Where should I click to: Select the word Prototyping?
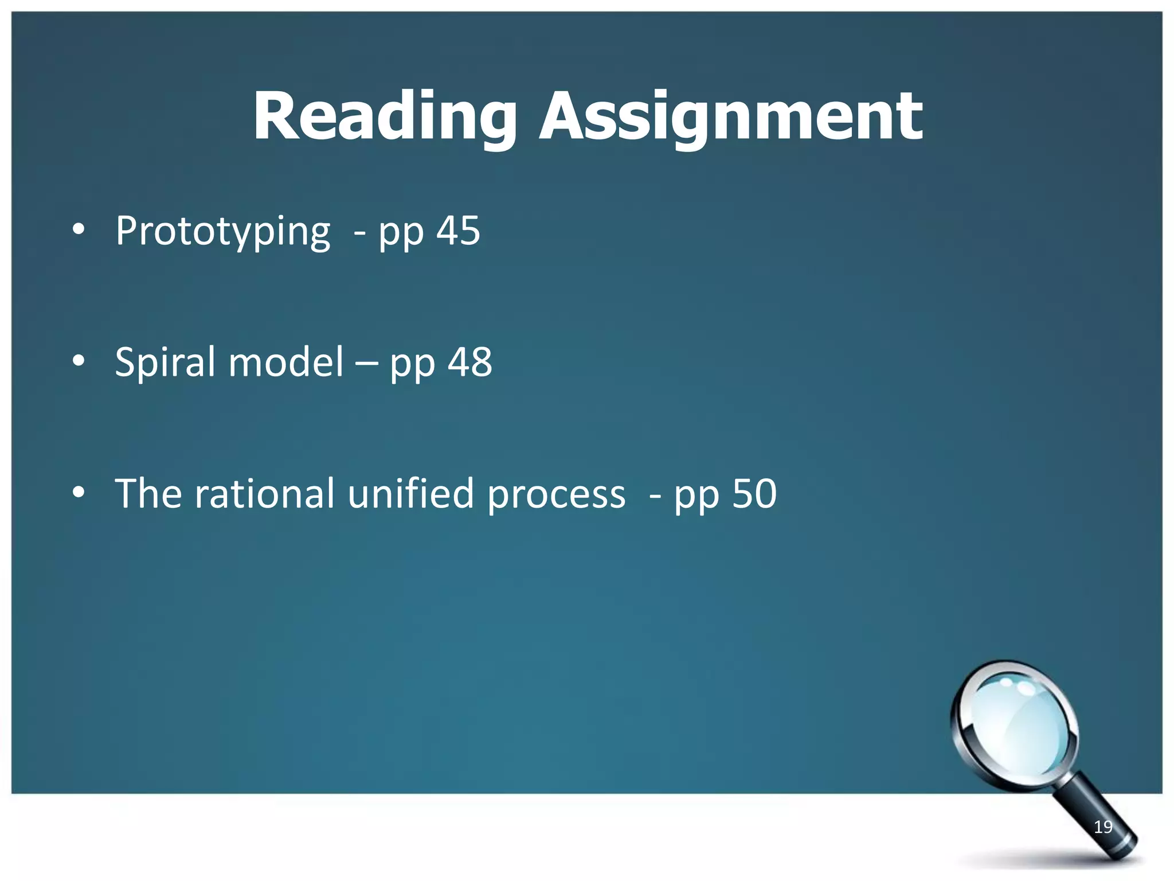pyautogui.click(x=223, y=232)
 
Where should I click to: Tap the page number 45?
pyautogui.click(x=459, y=231)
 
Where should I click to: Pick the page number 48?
pyautogui.click(x=470, y=362)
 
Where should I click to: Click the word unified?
pyautogui.click(x=410, y=494)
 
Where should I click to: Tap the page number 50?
pyautogui.click(x=754, y=494)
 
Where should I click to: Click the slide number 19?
pyautogui.click(x=1103, y=827)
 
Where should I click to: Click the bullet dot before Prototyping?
pyautogui.click(x=79, y=231)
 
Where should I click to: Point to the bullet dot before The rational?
pyautogui.click(x=79, y=492)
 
